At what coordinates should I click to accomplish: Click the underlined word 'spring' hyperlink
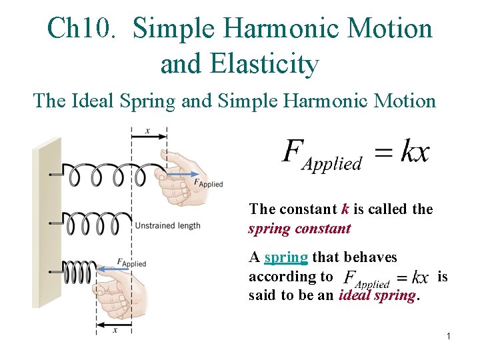click(286, 257)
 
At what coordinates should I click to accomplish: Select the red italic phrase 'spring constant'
click(299, 229)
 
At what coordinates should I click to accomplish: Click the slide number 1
click(449, 337)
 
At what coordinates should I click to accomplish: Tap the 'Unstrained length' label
click(167, 226)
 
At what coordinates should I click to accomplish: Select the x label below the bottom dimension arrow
click(115, 329)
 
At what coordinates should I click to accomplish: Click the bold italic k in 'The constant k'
click(345, 209)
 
